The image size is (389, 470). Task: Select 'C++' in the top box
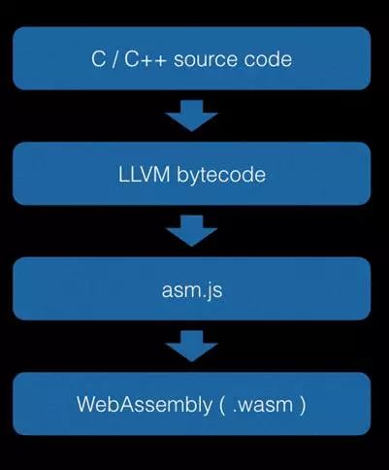(146, 59)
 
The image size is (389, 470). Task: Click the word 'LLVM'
(144, 175)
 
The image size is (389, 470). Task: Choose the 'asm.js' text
(192, 291)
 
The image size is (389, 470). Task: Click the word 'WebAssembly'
(145, 405)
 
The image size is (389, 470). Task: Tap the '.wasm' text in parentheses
(263, 406)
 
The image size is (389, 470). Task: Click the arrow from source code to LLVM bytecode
(191, 116)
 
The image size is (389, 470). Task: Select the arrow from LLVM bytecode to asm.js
(191, 231)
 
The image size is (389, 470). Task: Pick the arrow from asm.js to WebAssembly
(191, 346)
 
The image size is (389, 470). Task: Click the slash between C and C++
(114, 60)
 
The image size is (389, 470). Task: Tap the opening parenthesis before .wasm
(222, 406)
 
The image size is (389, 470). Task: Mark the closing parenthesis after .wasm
(303, 406)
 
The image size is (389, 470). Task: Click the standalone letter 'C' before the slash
(98, 59)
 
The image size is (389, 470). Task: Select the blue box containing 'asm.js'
(191, 288)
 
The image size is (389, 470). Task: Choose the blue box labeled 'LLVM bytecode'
(191, 174)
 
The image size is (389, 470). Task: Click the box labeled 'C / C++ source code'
(191, 58)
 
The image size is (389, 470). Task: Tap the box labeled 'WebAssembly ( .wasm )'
(191, 404)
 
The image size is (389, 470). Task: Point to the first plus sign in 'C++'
(146, 60)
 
